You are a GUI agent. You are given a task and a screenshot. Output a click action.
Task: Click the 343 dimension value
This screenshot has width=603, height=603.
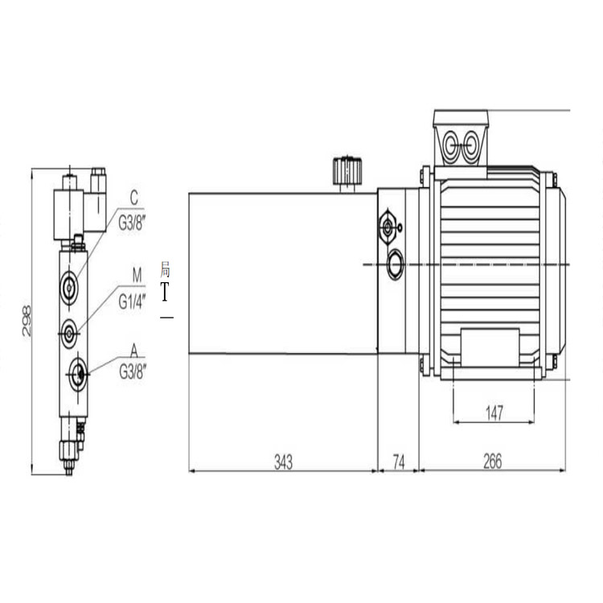284,461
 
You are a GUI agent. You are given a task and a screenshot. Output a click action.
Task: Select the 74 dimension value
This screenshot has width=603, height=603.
399,461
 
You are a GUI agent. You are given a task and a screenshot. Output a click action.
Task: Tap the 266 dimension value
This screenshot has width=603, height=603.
493,461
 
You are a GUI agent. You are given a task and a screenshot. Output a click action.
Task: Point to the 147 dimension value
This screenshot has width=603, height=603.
494,413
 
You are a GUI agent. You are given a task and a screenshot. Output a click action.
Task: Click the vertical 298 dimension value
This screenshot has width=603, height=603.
27,321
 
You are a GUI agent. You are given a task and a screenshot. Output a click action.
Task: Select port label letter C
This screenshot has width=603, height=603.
133,198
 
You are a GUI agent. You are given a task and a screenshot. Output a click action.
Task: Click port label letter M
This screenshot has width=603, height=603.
137,275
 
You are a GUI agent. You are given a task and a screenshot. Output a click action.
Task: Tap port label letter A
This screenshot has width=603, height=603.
133,351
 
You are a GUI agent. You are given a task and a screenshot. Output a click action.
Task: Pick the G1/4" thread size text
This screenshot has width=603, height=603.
133,301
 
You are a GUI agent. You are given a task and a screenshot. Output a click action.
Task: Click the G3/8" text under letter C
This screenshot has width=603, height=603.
133,223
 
